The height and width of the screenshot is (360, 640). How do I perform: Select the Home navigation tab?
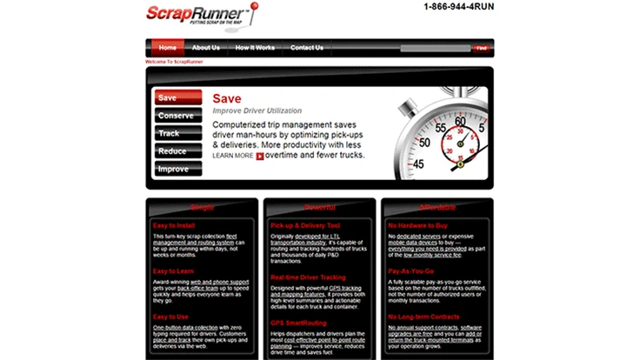[x=168, y=48]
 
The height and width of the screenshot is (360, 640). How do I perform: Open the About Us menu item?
[x=206, y=48]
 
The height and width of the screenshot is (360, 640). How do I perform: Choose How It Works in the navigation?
[x=255, y=48]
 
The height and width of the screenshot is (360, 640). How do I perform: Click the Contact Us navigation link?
[x=307, y=48]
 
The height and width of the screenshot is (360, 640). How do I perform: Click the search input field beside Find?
[x=435, y=48]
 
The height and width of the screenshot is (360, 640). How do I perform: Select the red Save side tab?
[x=177, y=97]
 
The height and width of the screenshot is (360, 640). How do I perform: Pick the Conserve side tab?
[x=177, y=116]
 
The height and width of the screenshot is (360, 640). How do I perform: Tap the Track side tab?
[x=177, y=133]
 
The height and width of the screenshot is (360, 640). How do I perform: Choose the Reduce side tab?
[x=177, y=151]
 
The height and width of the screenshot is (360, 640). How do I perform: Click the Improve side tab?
[x=177, y=169]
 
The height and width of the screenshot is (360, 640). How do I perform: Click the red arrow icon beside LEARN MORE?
[x=260, y=157]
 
